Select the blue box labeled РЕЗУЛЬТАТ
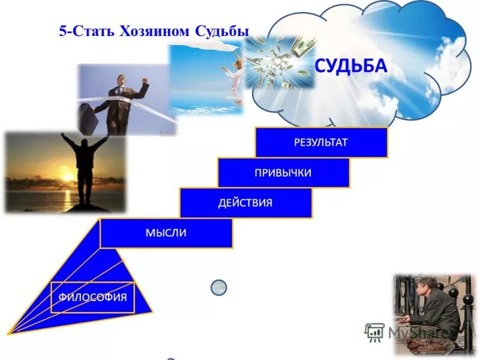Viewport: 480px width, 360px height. (x=321, y=143)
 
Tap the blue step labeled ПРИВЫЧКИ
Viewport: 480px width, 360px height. (x=283, y=173)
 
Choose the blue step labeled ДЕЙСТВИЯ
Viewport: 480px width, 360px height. (x=245, y=203)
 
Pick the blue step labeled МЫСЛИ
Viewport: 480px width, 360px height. (x=166, y=233)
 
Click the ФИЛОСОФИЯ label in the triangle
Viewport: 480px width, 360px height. (x=92, y=297)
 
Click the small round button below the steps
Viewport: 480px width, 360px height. (x=219, y=287)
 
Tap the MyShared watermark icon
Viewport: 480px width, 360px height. (x=374, y=332)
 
